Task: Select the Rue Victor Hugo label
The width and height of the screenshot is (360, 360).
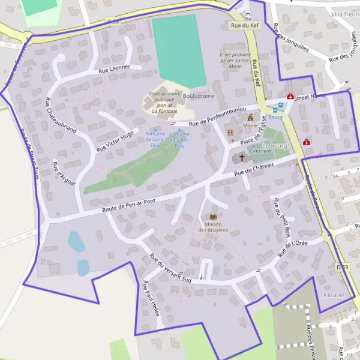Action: pos(115,140)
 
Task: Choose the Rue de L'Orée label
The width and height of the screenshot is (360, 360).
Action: pos(293,248)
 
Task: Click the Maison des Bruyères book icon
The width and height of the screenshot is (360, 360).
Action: pos(212,217)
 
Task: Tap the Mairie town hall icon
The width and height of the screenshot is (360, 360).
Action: pos(250,118)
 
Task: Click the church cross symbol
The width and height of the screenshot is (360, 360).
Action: pos(242,158)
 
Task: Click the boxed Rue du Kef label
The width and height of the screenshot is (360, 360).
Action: pos(244,26)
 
